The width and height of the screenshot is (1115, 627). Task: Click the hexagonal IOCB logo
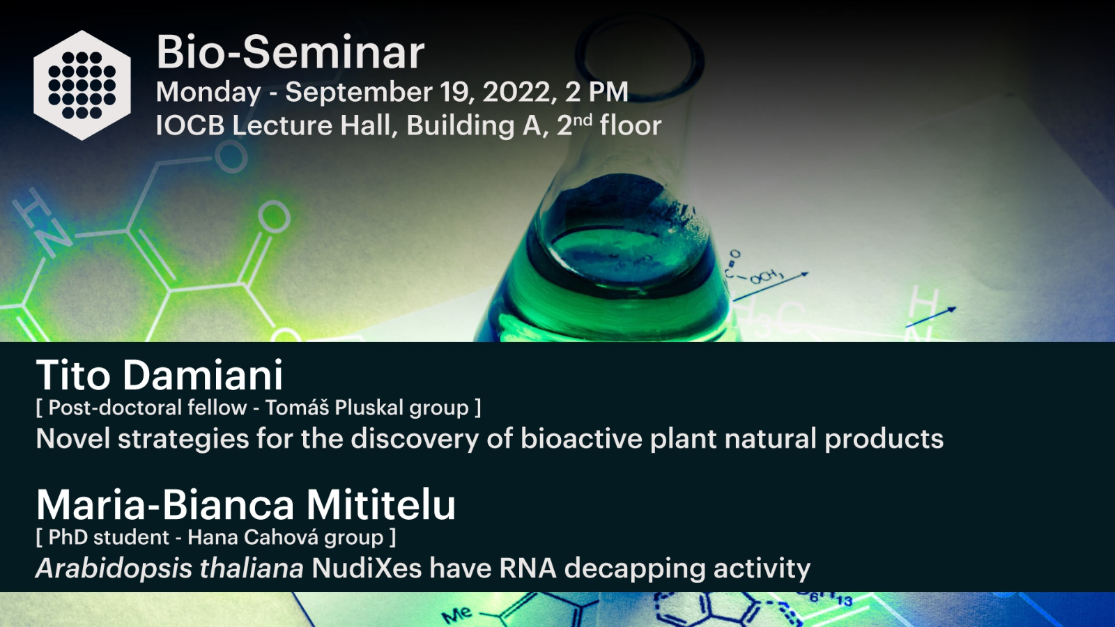click(x=82, y=86)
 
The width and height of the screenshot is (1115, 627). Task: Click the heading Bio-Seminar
click(x=290, y=52)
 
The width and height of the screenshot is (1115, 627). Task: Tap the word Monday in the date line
click(x=208, y=93)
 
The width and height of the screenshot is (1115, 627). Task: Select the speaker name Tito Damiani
click(x=160, y=375)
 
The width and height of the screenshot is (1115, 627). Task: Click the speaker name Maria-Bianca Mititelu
click(x=245, y=504)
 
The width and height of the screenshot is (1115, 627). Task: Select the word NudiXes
click(x=367, y=568)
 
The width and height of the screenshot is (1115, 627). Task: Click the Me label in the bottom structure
click(x=456, y=615)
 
